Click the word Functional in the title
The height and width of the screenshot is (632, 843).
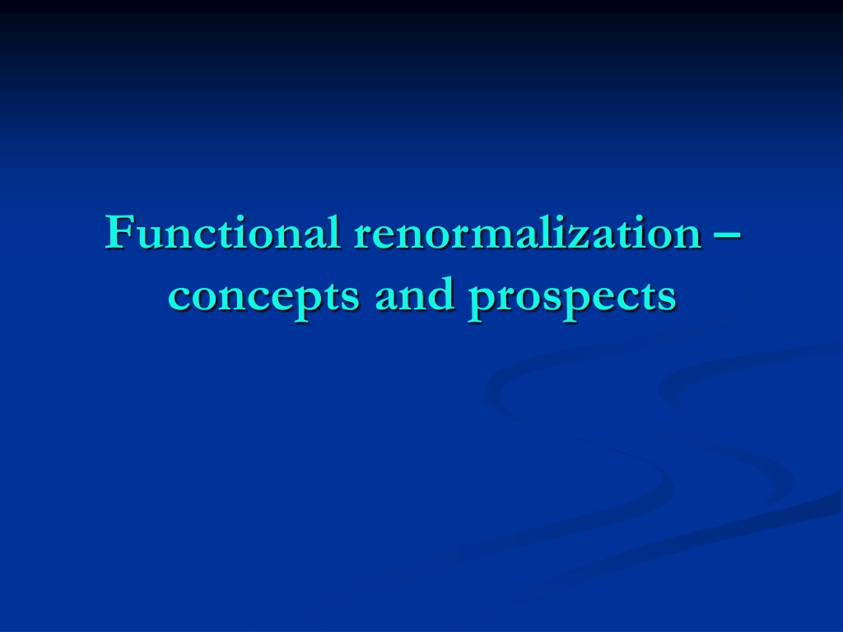click(222, 231)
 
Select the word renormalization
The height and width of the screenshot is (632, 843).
click(528, 231)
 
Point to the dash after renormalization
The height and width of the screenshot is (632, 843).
click(729, 235)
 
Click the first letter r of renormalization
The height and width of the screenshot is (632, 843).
click(364, 238)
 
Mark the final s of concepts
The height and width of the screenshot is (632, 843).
click(349, 299)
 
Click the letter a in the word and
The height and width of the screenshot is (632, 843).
click(387, 299)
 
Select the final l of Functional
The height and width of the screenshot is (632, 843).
click(334, 231)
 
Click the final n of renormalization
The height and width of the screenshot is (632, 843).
click(689, 238)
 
